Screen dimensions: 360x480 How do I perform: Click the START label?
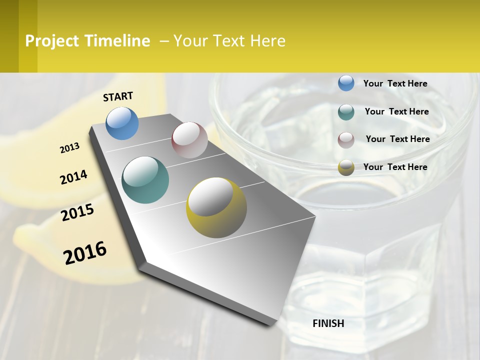(118, 96)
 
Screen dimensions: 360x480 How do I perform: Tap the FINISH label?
(328, 323)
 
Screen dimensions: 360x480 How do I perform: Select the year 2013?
(69, 148)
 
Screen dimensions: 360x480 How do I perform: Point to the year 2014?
(73, 177)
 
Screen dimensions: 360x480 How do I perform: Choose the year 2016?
(85, 252)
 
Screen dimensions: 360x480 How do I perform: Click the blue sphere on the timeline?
(122, 123)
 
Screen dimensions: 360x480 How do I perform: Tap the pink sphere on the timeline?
(189, 140)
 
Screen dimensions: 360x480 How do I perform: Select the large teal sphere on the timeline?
(145, 180)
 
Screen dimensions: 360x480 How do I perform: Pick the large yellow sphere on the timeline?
(216, 207)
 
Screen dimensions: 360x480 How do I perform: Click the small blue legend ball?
(346, 83)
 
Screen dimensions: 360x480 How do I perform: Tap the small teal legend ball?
(346, 111)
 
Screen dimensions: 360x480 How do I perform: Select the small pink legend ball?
(346, 139)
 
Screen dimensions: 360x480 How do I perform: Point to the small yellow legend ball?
(346, 167)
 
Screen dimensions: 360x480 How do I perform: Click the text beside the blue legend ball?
(395, 83)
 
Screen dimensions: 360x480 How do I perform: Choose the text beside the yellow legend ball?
(395, 167)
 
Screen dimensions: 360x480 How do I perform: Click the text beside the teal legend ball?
(396, 111)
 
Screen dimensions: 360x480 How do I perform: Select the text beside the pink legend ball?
(397, 139)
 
